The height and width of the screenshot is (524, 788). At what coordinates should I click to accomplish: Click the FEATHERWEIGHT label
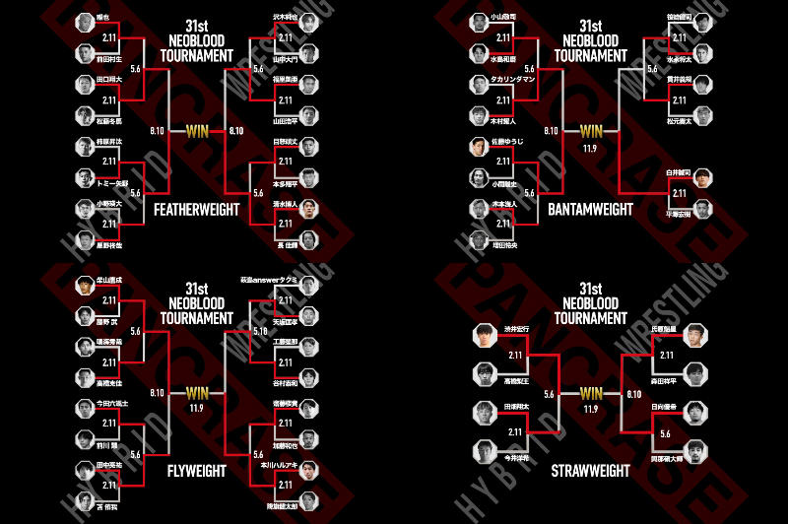pos(196,210)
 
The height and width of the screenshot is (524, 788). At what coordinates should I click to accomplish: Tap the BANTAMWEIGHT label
pos(590,210)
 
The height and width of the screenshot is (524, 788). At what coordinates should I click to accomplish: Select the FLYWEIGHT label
pos(196,471)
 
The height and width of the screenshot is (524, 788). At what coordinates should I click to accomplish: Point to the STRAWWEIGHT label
pos(590,471)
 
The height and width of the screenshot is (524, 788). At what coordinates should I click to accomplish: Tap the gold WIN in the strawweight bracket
pos(591,393)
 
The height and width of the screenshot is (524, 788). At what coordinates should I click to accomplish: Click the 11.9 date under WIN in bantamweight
pos(591,146)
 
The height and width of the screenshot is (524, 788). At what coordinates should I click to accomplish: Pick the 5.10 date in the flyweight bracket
pos(259,332)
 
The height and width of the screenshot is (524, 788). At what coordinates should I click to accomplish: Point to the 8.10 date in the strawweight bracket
pos(634,393)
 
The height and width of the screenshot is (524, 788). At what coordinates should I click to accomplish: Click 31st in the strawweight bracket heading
pos(591,287)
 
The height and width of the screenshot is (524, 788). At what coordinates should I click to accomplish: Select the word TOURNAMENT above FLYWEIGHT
pos(197,318)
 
